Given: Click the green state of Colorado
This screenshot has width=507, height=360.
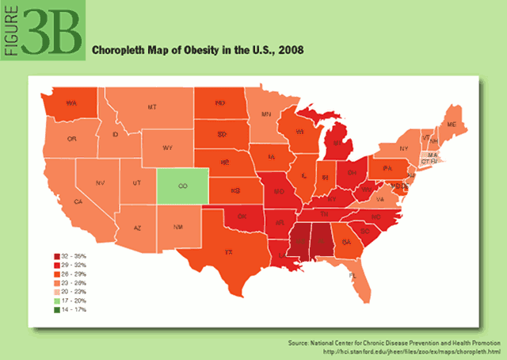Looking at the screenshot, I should click(x=182, y=186).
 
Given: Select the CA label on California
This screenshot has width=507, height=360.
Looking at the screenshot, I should click(x=78, y=202).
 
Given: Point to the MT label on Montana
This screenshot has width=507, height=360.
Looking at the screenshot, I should click(x=151, y=106).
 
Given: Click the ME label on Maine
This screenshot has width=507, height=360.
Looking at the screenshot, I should click(x=452, y=125).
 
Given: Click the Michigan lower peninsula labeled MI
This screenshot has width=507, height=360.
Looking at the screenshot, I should click(x=337, y=144).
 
